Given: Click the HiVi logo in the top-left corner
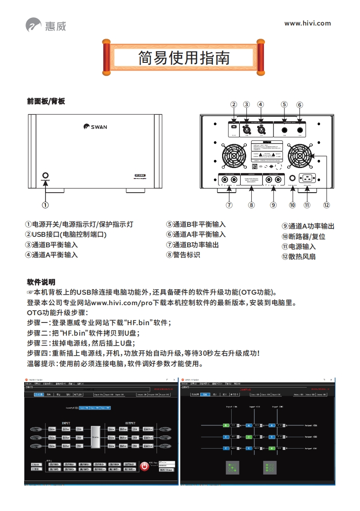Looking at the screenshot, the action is point(46,25).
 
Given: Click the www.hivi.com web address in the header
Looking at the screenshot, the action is point(307,23).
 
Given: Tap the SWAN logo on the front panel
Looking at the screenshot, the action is point(95,127).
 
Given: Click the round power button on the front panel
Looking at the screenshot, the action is point(46,175).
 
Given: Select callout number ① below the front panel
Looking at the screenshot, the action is point(46,204).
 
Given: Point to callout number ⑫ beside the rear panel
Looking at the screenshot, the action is point(326,204).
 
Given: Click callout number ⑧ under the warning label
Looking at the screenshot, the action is point(251,204).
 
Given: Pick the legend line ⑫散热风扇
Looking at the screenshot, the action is point(299,256).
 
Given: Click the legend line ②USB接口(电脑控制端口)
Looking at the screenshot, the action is point(66,235).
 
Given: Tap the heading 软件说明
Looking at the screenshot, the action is point(41,282).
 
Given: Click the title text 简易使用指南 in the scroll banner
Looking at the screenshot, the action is point(184,58).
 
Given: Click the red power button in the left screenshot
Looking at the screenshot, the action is point(144,466).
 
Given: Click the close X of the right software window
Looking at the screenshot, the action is point(330,379).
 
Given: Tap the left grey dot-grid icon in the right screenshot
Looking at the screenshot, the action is point(233,467).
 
